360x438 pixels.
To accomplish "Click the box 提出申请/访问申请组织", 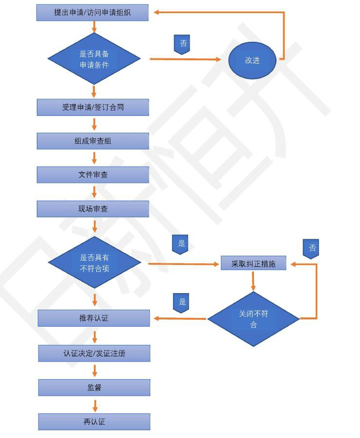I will click(x=92, y=13).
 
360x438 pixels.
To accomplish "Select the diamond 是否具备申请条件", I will click(x=94, y=59).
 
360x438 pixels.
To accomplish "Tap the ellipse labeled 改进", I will click(x=252, y=61).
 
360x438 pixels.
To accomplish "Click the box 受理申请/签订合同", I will click(x=93, y=107).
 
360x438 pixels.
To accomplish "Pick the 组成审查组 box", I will click(x=93, y=141).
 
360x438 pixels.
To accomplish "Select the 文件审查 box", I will click(x=93, y=175).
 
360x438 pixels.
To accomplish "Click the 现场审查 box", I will click(x=93, y=209).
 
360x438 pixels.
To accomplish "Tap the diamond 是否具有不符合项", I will click(x=94, y=263).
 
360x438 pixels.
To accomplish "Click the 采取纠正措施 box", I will click(x=253, y=263).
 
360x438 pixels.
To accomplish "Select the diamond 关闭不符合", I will click(x=253, y=319).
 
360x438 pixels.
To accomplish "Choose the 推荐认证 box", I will click(x=94, y=318).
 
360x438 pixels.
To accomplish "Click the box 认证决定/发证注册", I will click(x=94, y=353).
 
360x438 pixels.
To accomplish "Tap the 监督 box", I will click(x=94, y=387).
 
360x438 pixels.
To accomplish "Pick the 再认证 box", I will click(x=94, y=421).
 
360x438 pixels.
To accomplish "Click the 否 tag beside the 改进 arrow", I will click(x=182, y=44).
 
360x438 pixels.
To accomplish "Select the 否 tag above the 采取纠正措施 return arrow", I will click(x=311, y=248).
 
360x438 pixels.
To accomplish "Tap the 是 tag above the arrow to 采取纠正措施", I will click(x=180, y=244).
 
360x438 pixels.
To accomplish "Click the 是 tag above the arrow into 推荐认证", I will click(x=181, y=302).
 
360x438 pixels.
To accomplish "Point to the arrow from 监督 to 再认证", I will click(x=94, y=405).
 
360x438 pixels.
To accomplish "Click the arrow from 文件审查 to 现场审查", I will click(x=94, y=192).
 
